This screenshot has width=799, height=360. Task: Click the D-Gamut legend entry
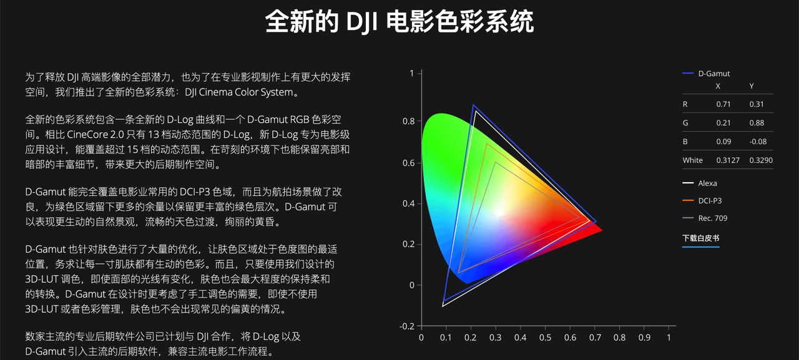706,74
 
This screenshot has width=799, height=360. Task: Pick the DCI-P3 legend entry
702,201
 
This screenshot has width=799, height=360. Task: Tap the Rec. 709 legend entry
705,218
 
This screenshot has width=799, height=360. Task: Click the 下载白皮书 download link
700,238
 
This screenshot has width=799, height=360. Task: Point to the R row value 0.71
723,104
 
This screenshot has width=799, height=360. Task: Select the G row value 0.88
757,123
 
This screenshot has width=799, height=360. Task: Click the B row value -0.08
758,142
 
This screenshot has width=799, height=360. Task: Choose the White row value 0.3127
728,160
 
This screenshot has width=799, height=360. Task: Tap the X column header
718,86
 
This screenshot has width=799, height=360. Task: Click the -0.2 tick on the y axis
407,326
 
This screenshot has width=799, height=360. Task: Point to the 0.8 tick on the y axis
409,121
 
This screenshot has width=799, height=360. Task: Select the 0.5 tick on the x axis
545,338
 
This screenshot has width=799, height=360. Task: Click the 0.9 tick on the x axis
644,338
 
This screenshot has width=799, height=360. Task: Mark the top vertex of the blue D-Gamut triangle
473,105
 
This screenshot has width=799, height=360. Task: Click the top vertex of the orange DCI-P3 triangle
486,144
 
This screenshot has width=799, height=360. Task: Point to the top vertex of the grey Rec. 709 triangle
496,163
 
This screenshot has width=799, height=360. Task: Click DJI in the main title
361,22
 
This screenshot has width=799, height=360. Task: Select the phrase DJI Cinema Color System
239,92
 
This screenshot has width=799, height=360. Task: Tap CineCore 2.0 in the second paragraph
96,134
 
